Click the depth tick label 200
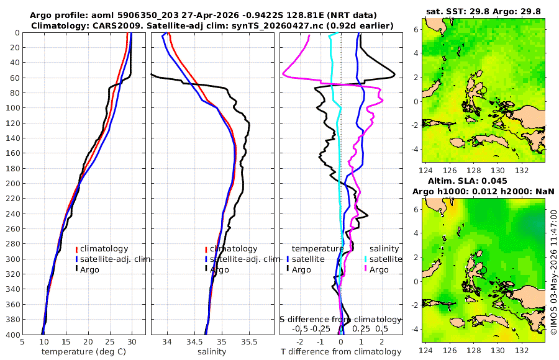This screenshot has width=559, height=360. point(12,183)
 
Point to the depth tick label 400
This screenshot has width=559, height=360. point(12,335)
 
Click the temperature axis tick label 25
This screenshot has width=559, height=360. point(110,342)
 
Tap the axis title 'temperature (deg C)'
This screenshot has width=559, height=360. point(84,352)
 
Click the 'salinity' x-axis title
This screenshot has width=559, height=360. point(212,352)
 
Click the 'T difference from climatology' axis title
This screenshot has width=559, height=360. point(341,352)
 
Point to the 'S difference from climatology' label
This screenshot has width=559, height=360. point(341,319)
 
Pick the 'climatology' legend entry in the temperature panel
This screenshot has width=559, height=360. point(104,249)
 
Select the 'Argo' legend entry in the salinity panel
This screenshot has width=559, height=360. point(219,270)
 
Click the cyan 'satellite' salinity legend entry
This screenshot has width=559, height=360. point(385,259)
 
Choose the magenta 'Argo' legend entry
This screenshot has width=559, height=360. point(379,270)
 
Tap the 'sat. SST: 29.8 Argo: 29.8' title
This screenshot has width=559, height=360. point(483,11)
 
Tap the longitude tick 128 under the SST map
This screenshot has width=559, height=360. point(474,171)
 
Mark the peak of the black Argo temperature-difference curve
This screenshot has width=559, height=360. point(394,74)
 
